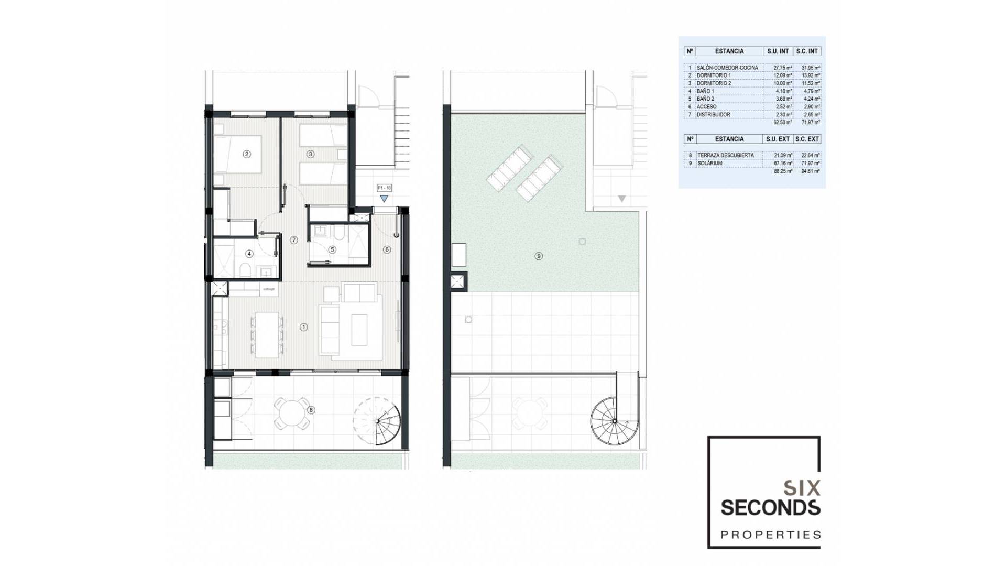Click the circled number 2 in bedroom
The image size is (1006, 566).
pyautogui.click(x=247, y=154)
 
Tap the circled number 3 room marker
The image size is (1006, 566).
pyautogui.click(x=311, y=154)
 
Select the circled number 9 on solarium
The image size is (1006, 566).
pyautogui.click(x=539, y=256)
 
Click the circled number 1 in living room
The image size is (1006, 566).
pyautogui.click(x=303, y=327)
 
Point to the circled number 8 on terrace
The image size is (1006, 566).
pyautogui.click(x=311, y=410)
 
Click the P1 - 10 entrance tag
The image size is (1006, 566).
pyautogui.click(x=384, y=188)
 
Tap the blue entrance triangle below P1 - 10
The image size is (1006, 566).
pyautogui.click(x=384, y=199)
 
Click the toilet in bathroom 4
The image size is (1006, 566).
pyautogui.click(x=244, y=270)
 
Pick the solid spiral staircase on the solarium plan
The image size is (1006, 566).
pyautogui.click(x=614, y=421)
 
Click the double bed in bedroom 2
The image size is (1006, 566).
pyautogui.click(x=238, y=154)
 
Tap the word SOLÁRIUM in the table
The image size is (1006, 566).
pyautogui.click(x=710, y=164)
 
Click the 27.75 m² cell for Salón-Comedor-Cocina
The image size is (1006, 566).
pyautogui.click(x=783, y=68)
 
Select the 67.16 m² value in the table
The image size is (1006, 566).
pyautogui.click(x=783, y=164)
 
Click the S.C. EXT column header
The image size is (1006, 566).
pyautogui.click(x=807, y=139)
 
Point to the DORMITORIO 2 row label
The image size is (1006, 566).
pyautogui.click(x=714, y=83)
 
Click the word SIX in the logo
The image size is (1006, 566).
pyautogui.click(x=801, y=488)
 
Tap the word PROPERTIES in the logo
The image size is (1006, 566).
pyautogui.click(x=771, y=535)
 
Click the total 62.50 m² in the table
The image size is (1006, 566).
pyautogui.click(x=783, y=123)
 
